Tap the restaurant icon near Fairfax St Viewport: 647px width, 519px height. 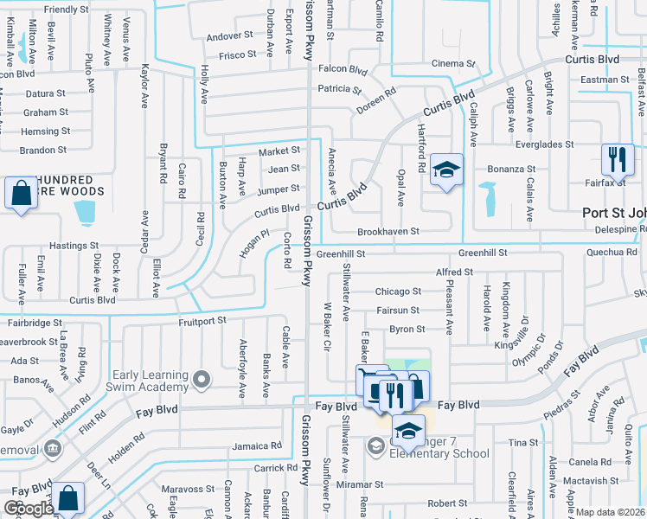point(618,160)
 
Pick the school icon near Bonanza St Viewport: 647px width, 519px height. point(447,170)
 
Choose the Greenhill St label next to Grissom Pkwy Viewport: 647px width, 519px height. point(341,254)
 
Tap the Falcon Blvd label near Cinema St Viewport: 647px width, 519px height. point(343,68)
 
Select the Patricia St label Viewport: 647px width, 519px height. point(339,89)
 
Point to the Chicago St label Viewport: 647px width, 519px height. point(398,292)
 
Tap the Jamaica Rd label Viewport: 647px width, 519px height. point(258,446)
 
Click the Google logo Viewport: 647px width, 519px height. point(29,509)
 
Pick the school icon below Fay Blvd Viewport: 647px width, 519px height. point(408,431)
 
